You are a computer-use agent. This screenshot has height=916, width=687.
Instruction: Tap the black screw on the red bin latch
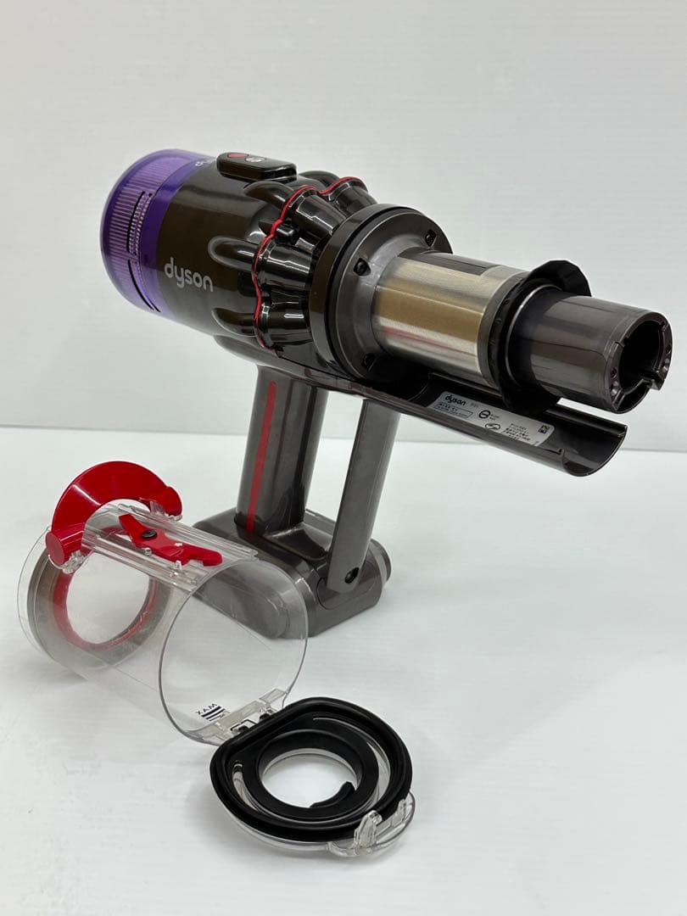(x=148, y=534)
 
